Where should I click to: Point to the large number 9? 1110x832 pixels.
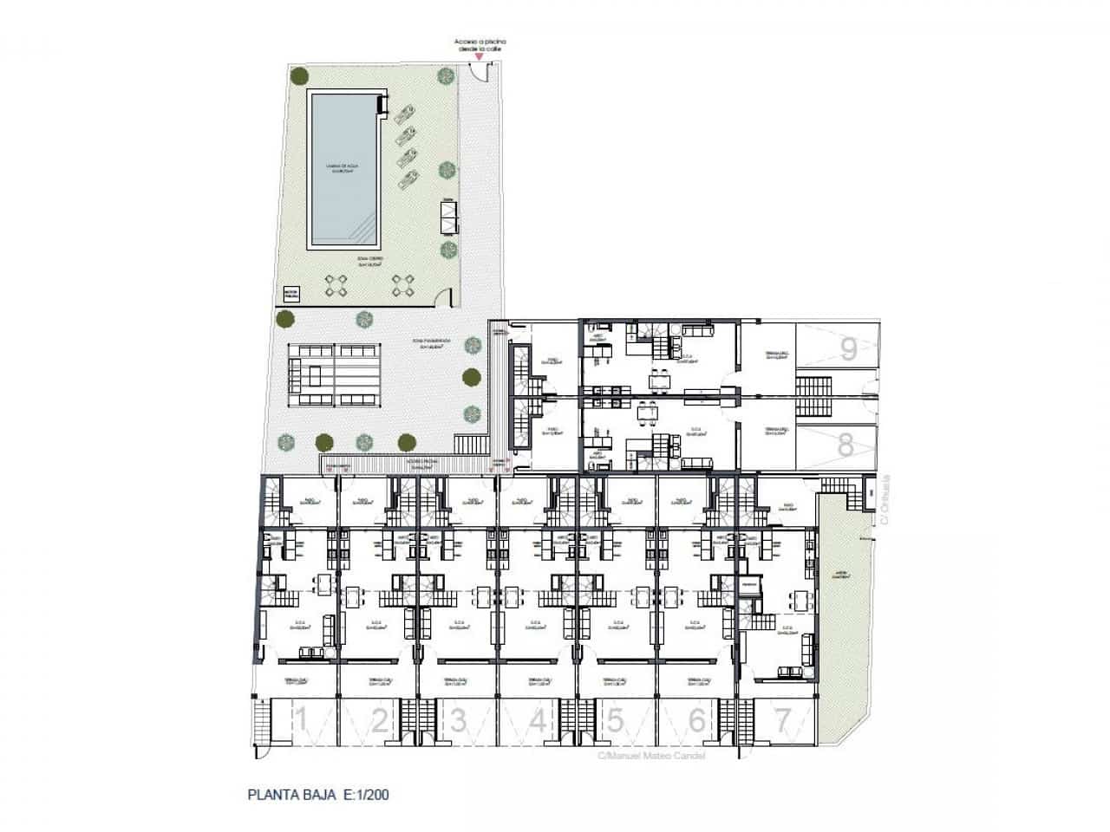848,349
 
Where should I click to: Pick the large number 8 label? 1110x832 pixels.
846,445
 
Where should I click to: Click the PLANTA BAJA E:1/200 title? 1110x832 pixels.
323,793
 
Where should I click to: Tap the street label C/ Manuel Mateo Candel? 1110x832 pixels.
651,756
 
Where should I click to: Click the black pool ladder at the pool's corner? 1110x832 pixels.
381,106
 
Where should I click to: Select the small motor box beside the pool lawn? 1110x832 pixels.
291,296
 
